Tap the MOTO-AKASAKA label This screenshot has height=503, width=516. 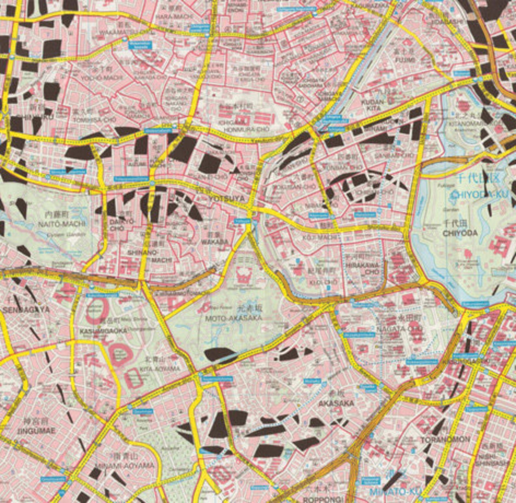tap(233, 318)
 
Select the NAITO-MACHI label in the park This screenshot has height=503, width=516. tap(62, 224)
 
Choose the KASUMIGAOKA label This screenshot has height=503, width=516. tap(103, 331)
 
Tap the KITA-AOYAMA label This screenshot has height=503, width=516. tap(160, 369)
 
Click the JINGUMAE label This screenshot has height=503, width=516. tap(39, 431)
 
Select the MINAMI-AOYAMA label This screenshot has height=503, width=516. tap(129, 466)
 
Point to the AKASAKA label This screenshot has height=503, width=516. tap(336, 403)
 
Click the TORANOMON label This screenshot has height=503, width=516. tap(445, 440)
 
